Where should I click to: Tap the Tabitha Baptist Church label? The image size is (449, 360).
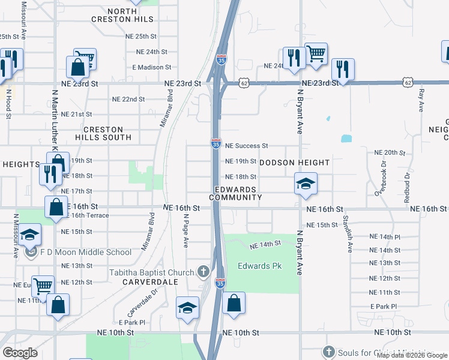(x=152, y=273)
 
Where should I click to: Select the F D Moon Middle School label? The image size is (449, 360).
(x=85, y=253)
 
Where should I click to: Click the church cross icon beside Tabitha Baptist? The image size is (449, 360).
(x=203, y=272)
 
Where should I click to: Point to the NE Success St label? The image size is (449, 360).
(x=246, y=146)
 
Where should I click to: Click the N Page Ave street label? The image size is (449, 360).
(x=187, y=230)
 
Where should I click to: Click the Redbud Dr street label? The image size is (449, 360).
(x=406, y=187)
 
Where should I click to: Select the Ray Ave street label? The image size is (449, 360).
(x=422, y=100)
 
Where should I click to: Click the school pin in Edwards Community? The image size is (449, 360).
(x=306, y=184)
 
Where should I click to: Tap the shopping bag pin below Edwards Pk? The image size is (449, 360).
(x=234, y=303)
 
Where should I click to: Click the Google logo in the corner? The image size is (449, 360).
(x=20, y=352)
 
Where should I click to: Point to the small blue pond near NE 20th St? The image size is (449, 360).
(x=346, y=139)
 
